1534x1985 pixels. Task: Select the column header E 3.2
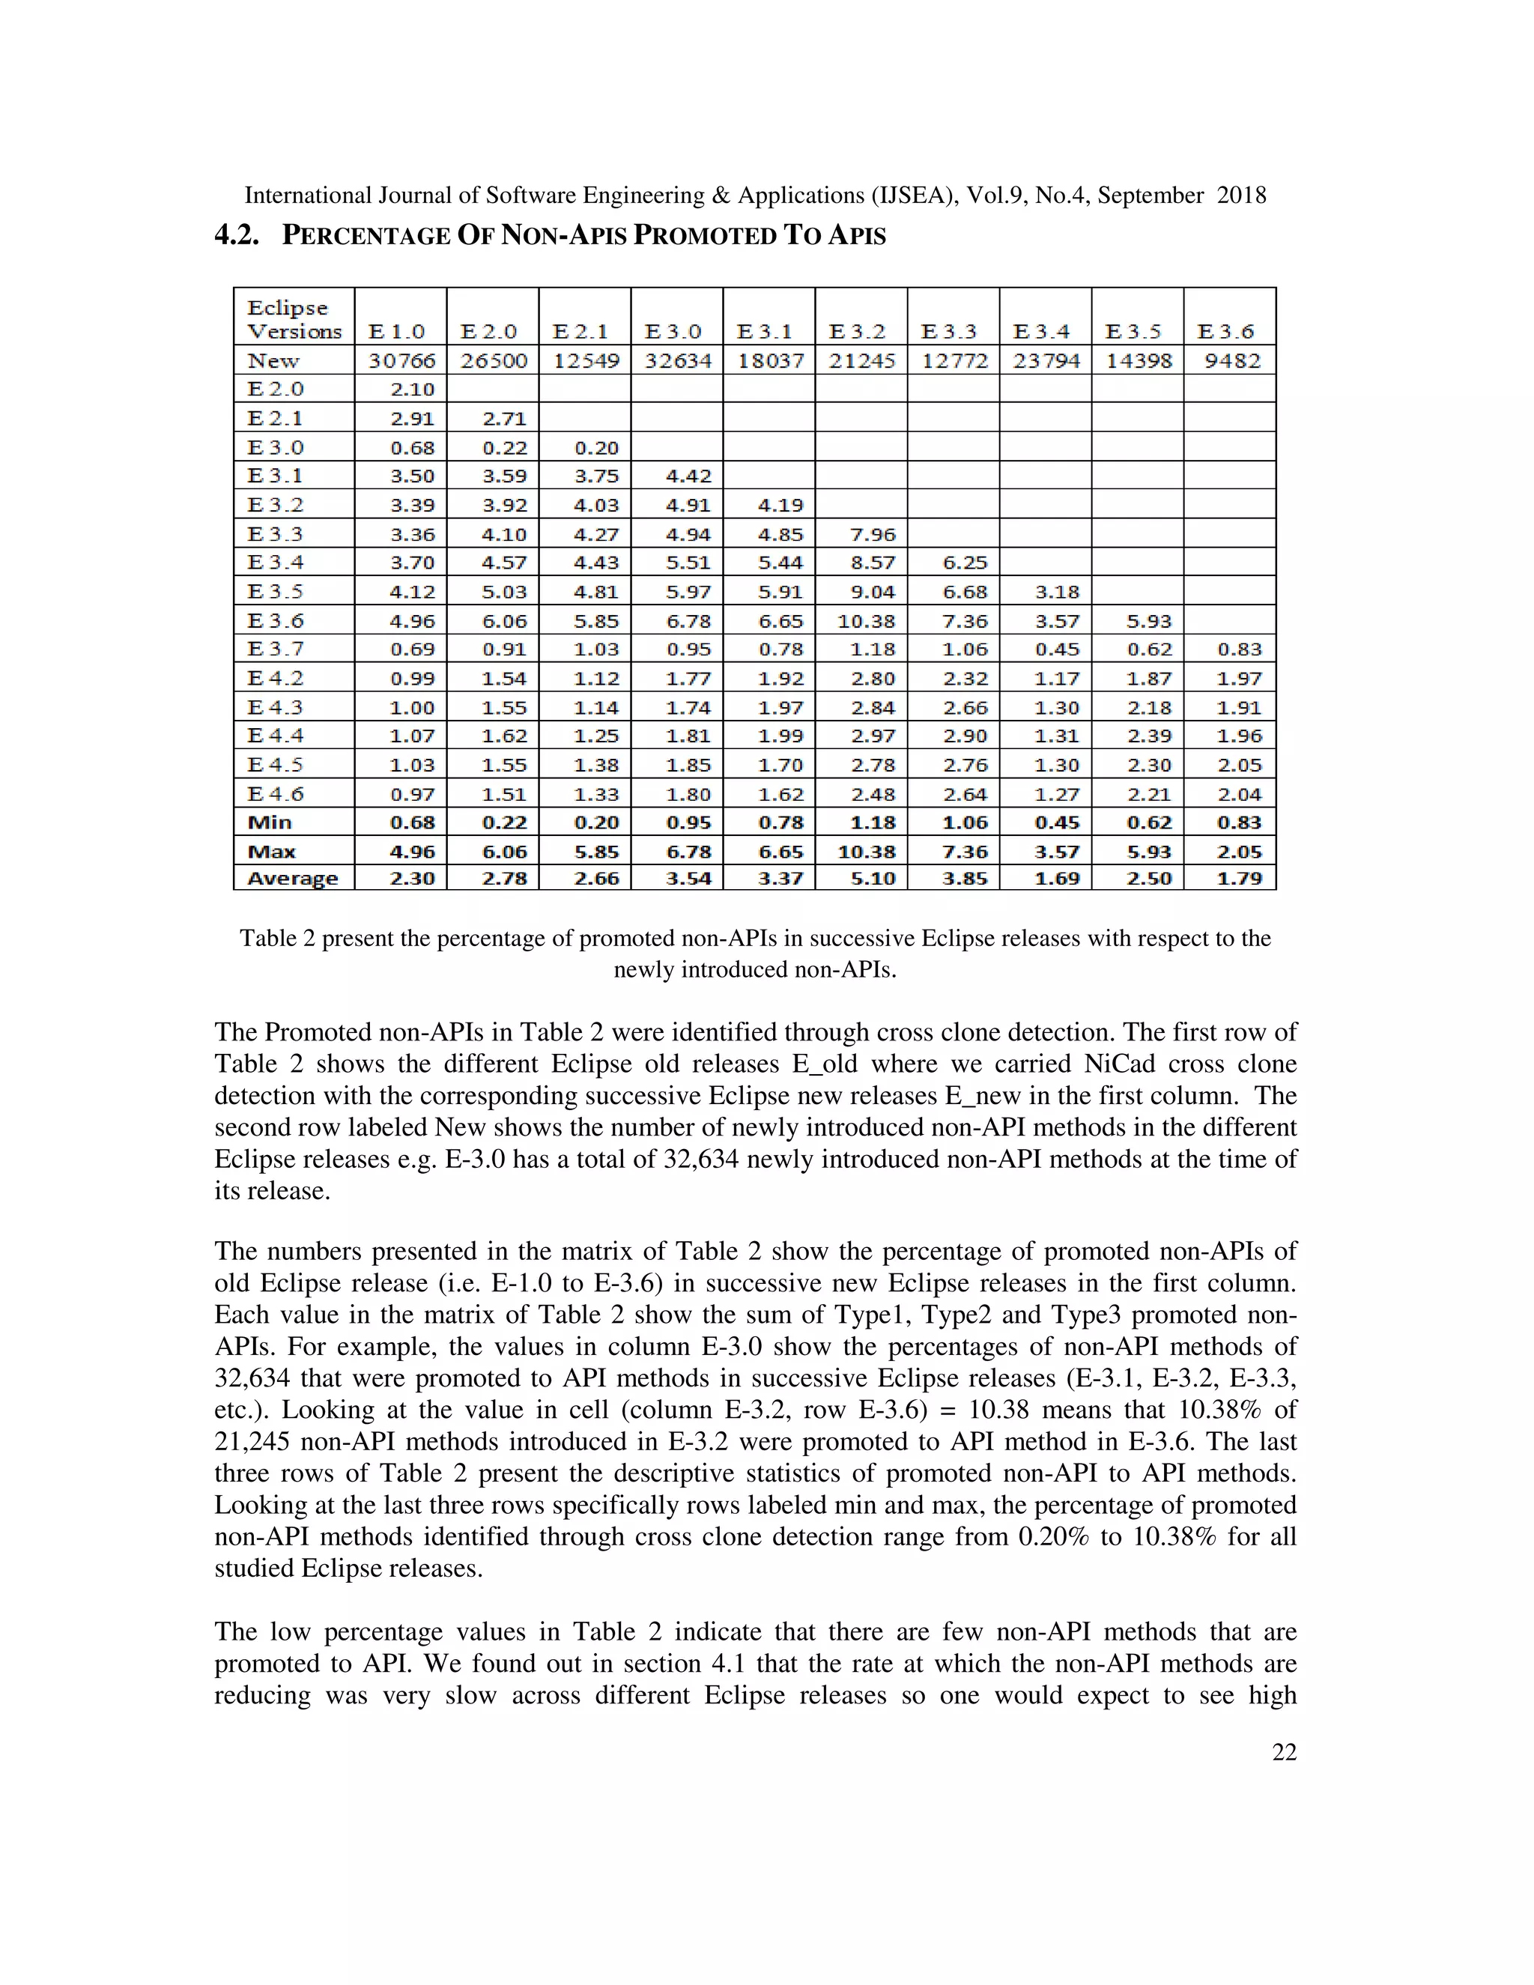860,332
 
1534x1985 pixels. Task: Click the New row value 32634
677,361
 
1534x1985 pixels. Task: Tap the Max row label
271,852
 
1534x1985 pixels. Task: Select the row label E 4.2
276,678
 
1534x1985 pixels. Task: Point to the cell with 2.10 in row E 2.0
412,390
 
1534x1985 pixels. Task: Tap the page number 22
1283,1752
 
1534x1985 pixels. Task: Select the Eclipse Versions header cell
294,319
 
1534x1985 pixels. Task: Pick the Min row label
269,822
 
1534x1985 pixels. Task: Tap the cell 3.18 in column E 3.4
1056,592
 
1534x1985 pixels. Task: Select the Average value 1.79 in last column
1240,879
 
